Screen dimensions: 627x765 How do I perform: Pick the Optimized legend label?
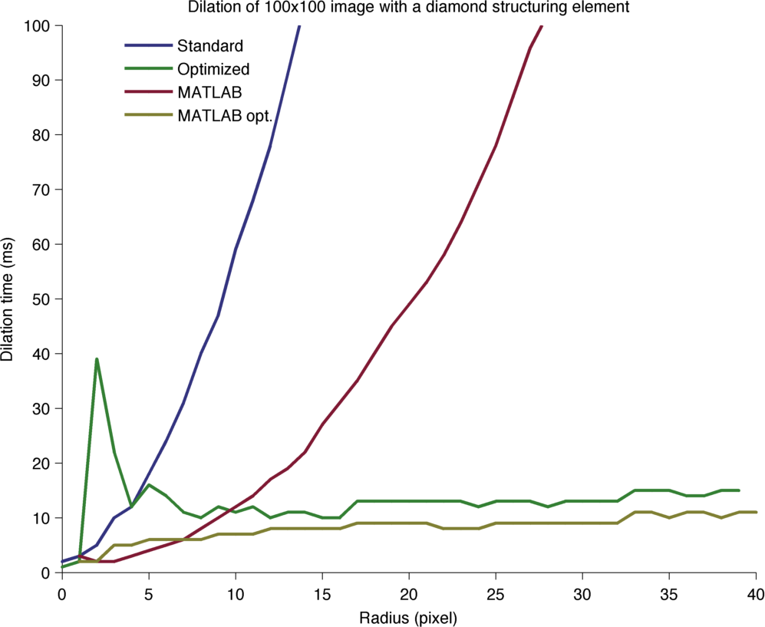[213, 68]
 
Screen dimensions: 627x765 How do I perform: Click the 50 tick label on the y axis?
[43, 299]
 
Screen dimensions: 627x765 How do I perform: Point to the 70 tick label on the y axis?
[43, 190]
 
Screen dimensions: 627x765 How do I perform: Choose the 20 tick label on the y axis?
[43, 463]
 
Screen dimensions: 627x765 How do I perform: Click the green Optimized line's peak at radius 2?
[97, 359]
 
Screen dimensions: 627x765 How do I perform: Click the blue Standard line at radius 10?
[236, 249]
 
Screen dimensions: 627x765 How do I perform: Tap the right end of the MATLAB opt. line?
[756, 512]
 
